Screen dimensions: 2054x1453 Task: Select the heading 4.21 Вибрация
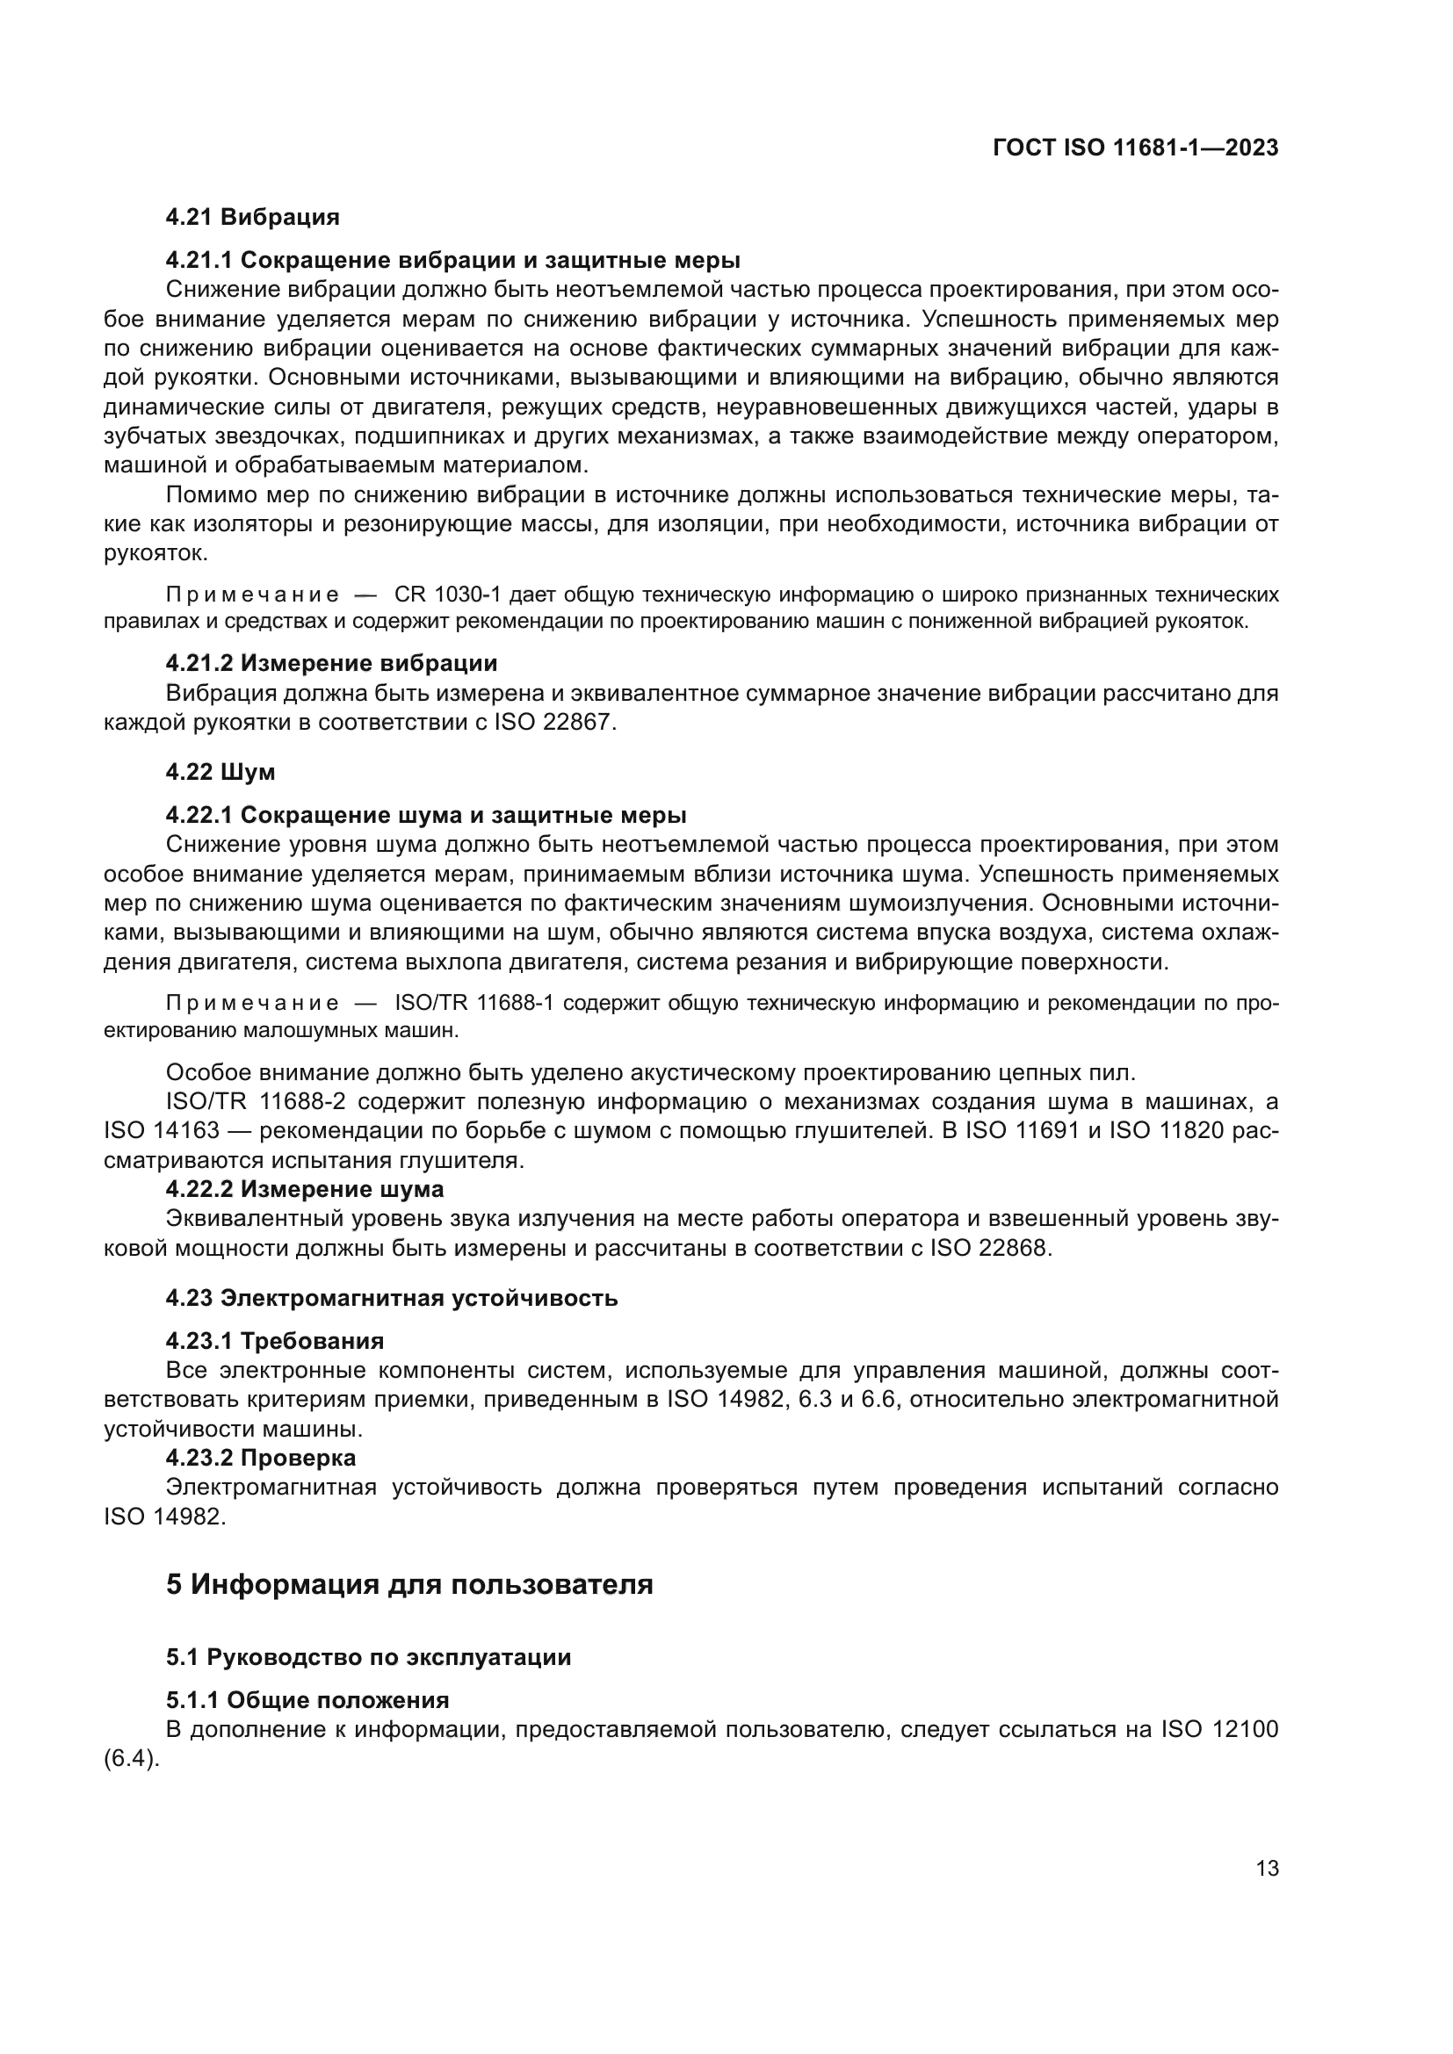pyautogui.click(x=252, y=217)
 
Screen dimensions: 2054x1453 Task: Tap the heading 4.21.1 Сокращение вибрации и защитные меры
pyautogui.click(x=452, y=260)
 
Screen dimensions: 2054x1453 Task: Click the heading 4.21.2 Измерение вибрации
pyautogui.click(x=331, y=663)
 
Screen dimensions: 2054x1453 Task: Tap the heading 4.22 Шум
pyautogui.click(x=220, y=771)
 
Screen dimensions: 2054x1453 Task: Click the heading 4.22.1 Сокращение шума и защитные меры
pyautogui.click(x=426, y=815)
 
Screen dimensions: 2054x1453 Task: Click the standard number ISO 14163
pyautogui.click(x=161, y=1131)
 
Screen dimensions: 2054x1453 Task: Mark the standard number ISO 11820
pyautogui.click(x=1166, y=1131)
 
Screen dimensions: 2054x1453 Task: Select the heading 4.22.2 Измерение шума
pyautogui.click(x=304, y=1189)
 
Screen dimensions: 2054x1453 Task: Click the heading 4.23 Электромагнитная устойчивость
pyautogui.click(x=391, y=1297)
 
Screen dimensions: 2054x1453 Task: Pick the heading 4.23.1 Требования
pyautogui.click(x=275, y=1341)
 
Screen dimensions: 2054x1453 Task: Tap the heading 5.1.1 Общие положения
pyautogui.click(x=307, y=1700)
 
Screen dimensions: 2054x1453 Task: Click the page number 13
pyautogui.click(x=1267, y=1868)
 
